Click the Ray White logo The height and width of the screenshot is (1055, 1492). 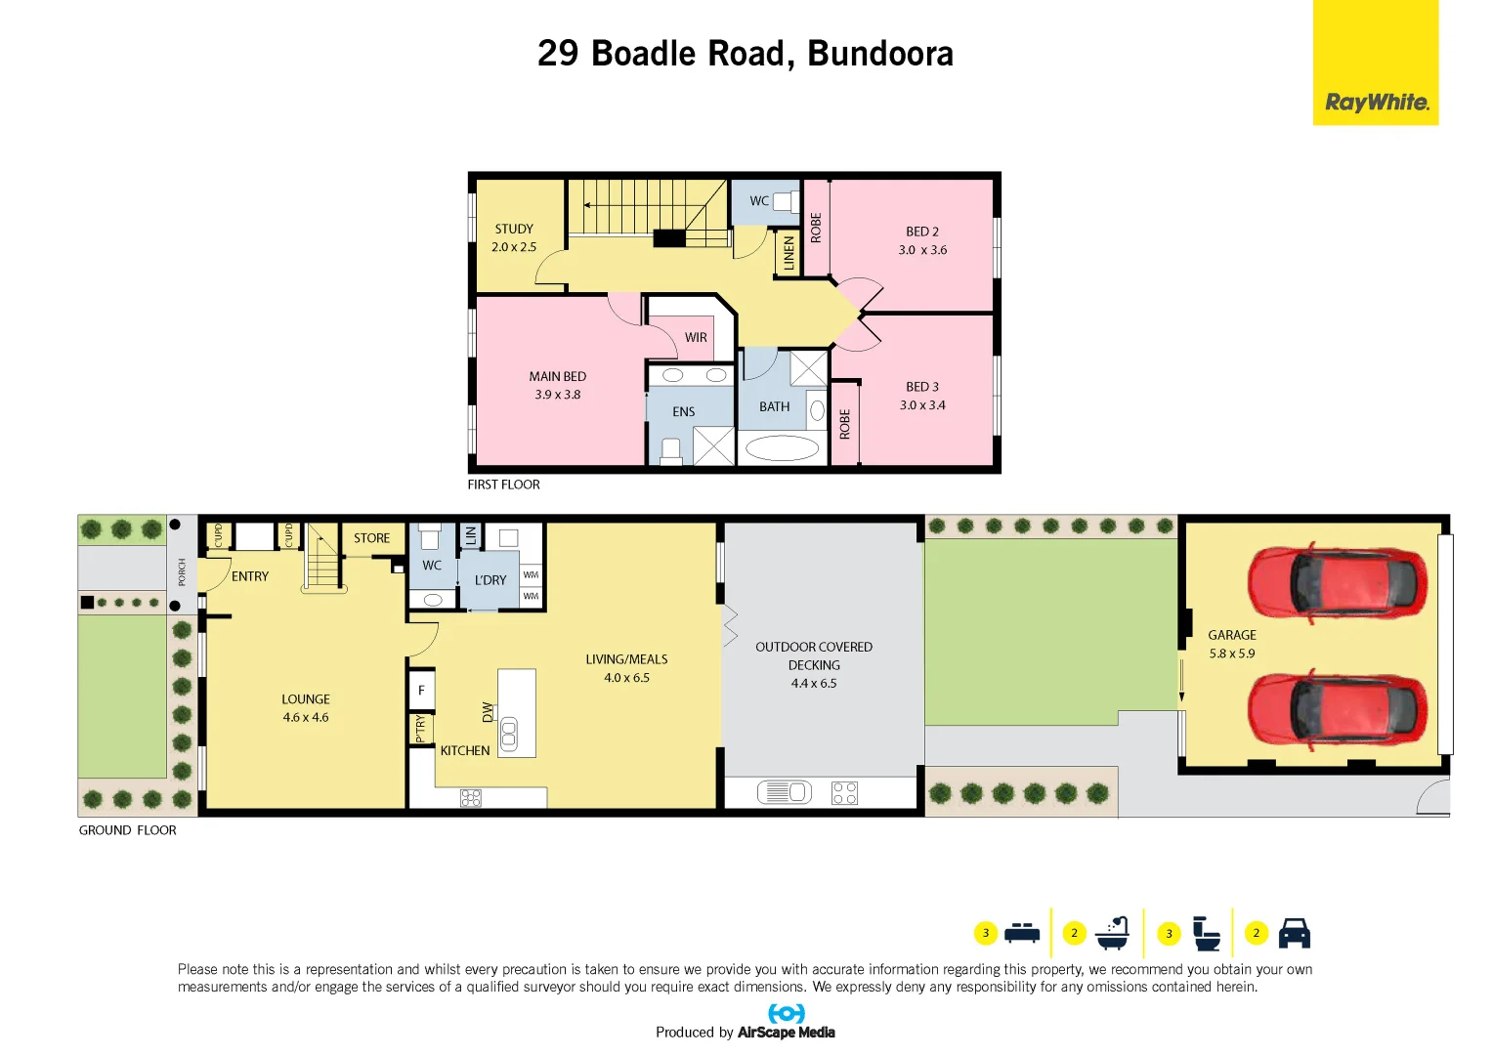pyautogui.click(x=1376, y=102)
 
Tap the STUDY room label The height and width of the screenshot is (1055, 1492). pyautogui.click(x=514, y=229)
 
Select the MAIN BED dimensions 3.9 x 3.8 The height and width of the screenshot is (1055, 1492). pyautogui.click(x=557, y=395)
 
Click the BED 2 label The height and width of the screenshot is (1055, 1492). pyautogui.click(x=921, y=232)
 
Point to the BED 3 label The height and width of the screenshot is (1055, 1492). pyautogui.click(x=921, y=387)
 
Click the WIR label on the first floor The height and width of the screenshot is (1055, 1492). pyautogui.click(x=696, y=338)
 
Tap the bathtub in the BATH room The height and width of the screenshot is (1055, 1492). pyautogui.click(x=782, y=448)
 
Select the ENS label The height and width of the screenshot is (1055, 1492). pyautogui.click(x=683, y=412)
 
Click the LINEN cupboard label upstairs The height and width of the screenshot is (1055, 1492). pyautogui.click(x=789, y=254)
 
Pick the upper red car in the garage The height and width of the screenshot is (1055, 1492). pyautogui.click(x=1337, y=583)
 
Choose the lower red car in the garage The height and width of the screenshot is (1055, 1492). pyautogui.click(x=1337, y=709)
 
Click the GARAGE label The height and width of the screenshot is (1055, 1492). pyautogui.click(x=1231, y=635)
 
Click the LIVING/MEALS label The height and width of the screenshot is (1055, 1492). pyautogui.click(x=626, y=659)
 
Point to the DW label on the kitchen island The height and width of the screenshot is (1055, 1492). pyautogui.click(x=488, y=712)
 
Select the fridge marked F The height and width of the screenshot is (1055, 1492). pyautogui.click(x=421, y=691)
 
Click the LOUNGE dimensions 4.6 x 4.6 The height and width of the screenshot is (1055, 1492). pyautogui.click(x=306, y=717)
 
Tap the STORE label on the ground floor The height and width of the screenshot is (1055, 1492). pyautogui.click(x=371, y=538)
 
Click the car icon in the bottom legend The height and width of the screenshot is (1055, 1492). pyautogui.click(x=1294, y=934)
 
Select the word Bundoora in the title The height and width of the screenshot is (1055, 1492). pyautogui.click(x=880, y=54)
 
